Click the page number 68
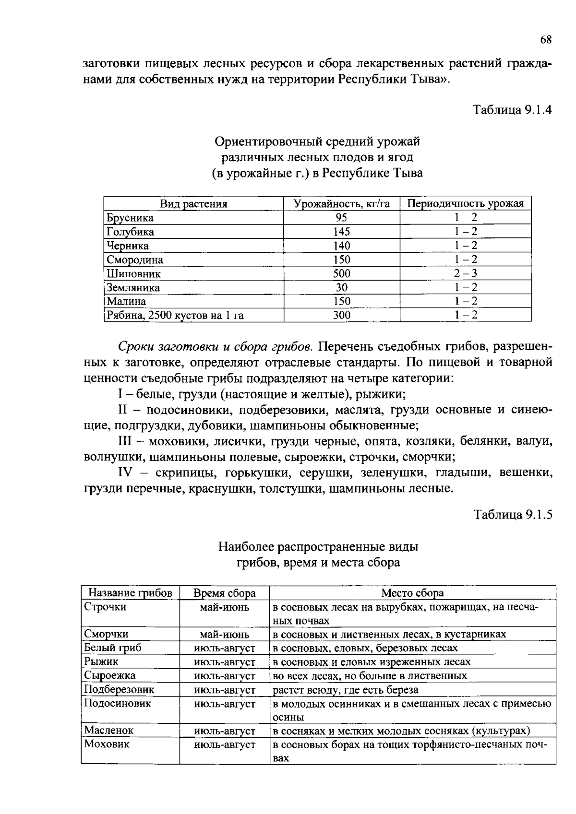[x=546, y=40]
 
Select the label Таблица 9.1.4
[x=513, y=110]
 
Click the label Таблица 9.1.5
[x=513, y=515]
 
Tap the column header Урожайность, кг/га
[x=342, y=204]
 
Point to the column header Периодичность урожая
[x=465, y=204]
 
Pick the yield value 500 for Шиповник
[x=342, y=274]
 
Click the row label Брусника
[x=130, y=218]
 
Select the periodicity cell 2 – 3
[x=466, y=274]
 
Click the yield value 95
[x=341, y=218]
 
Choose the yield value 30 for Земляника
[x=342, y=288]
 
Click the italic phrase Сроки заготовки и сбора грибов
[x=215, y=346]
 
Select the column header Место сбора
[x=412, y=593]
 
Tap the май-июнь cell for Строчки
[x=225, y=607]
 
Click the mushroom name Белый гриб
[x=113, y=648]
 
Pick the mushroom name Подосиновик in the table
[x=118, y=704]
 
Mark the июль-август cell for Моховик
[x=225, y=745]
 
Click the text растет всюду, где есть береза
[x=346, y=690]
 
